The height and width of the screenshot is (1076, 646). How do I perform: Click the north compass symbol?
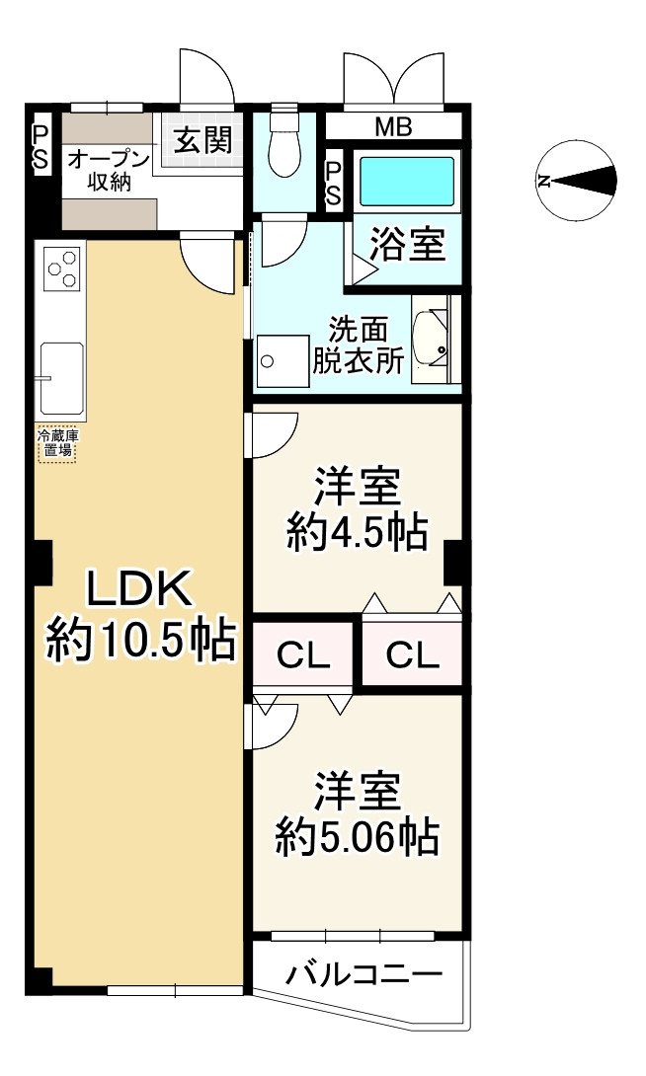click(577, 181)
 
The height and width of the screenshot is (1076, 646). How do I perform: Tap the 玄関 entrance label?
click(203, 140)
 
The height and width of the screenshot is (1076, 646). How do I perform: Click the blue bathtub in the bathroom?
click(407, 181)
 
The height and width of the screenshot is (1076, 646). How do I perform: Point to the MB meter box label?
click(393, 127)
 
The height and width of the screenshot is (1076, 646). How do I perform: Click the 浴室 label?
click(407, 245)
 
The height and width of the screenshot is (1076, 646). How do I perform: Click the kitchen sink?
click(61, 378)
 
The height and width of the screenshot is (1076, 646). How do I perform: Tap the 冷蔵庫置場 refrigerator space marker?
click(56, 444)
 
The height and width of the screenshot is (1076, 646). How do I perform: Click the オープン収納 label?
click(108, 171)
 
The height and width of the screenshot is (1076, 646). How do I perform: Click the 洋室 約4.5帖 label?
click(357, 511)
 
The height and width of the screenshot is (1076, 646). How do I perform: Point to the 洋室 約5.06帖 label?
click(357, 816)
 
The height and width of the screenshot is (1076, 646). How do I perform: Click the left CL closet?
click(301, 654)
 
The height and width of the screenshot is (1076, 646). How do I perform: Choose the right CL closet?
click(412, 654)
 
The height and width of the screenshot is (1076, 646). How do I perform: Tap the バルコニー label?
click(363, 976)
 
